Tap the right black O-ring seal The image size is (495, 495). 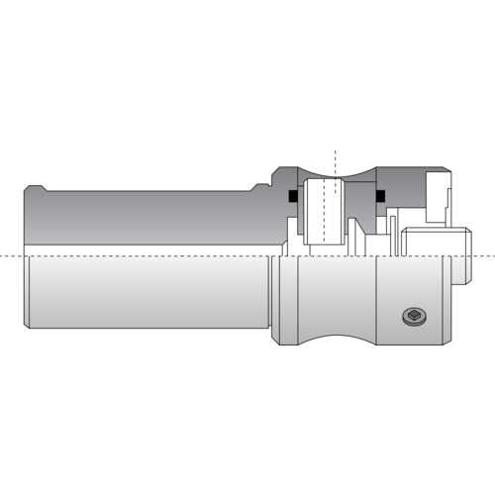pos(379,196)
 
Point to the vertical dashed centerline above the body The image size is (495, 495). pos(336,158)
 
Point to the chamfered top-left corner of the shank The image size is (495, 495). pos(31,187)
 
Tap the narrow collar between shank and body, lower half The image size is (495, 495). pos(277,297)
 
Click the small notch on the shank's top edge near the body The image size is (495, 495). pos(258,185)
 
